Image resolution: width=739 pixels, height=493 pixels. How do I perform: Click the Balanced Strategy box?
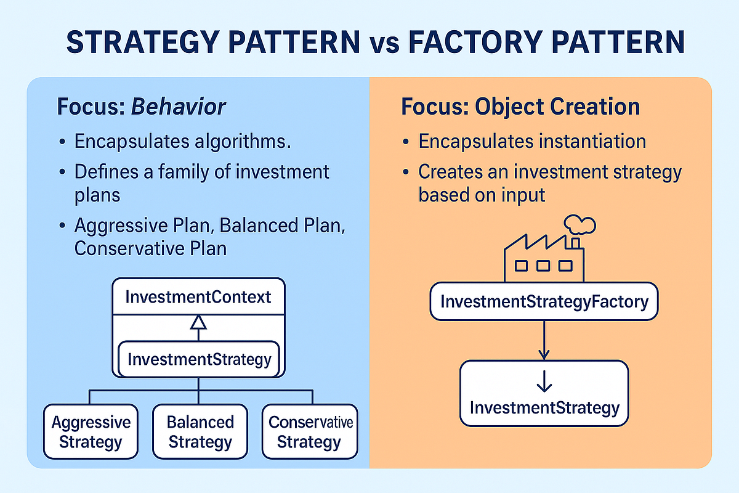(x=201, y=431)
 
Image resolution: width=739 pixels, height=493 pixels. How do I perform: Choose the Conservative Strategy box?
(x=310, y=431)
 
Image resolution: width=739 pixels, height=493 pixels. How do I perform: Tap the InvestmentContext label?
(x=198, y=297)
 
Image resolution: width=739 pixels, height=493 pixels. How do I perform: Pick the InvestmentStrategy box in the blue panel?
(x=199, y=359)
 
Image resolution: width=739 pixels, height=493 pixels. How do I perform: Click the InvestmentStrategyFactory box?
(x=544, y=302)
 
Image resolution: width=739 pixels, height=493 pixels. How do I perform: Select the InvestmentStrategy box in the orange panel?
(x=544, y=394)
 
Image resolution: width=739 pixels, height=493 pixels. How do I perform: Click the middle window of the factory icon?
(x=543, y=266)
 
